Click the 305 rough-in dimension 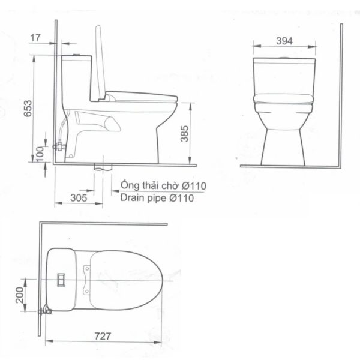[79, 196]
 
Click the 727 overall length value [103, 338]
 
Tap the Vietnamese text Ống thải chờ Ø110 [163, 185]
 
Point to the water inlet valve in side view [58, 145]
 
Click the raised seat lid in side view [101, 60]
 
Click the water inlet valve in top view [44, 311]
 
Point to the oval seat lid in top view [123, 278]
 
